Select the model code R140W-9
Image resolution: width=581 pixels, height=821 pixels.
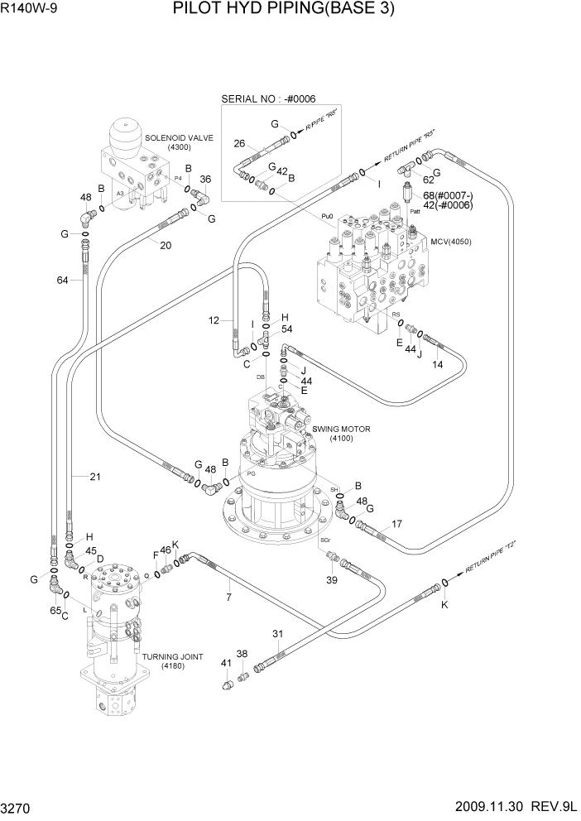26,10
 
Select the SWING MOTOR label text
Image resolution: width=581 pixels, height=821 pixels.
341,429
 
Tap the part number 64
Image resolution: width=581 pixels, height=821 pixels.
62,281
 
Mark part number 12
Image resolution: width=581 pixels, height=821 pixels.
214,320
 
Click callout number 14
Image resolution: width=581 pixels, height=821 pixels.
437,364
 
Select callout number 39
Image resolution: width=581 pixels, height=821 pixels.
331,580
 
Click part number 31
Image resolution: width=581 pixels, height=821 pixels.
278,635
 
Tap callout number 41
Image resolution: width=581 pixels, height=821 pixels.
225,663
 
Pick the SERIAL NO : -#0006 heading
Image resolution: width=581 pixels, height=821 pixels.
268,99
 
